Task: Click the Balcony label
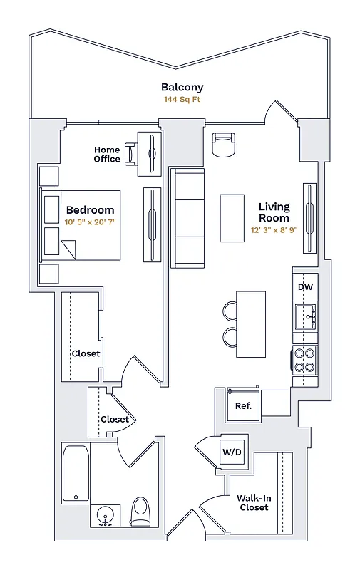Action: pyautogui.click(x=182, y=88)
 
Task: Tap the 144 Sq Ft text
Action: pyautogui.click(x=182, y=100)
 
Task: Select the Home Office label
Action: pyautogui.click(x=107, y=155)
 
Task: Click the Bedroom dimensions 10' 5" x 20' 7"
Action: pyautogui.click(x=90, y=222)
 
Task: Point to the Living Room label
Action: pyautogui.click(x=274, y=212)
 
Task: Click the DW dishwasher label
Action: pyautogui.click(x=305, y=286)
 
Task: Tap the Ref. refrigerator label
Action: pyautogui.click(x=243, y=406)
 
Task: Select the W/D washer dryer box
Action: pyautogui.click(x=230, y=452)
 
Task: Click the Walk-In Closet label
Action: pyautogui.click(x=254, y=503)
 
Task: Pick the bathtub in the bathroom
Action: pyautogui.click(x=76, y=473)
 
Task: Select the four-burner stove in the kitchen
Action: pyautogui.click(x=304, y=360)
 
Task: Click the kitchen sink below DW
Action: pyautogui.click(x=305, y=314)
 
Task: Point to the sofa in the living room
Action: pyautogui.click(x=187, y=219)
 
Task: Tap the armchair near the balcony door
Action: pyautogui.click(x=223, y=145)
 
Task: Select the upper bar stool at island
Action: pyautogui.click(x=230, y=311)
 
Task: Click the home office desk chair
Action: pyautogui.click(x=132, y=154)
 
